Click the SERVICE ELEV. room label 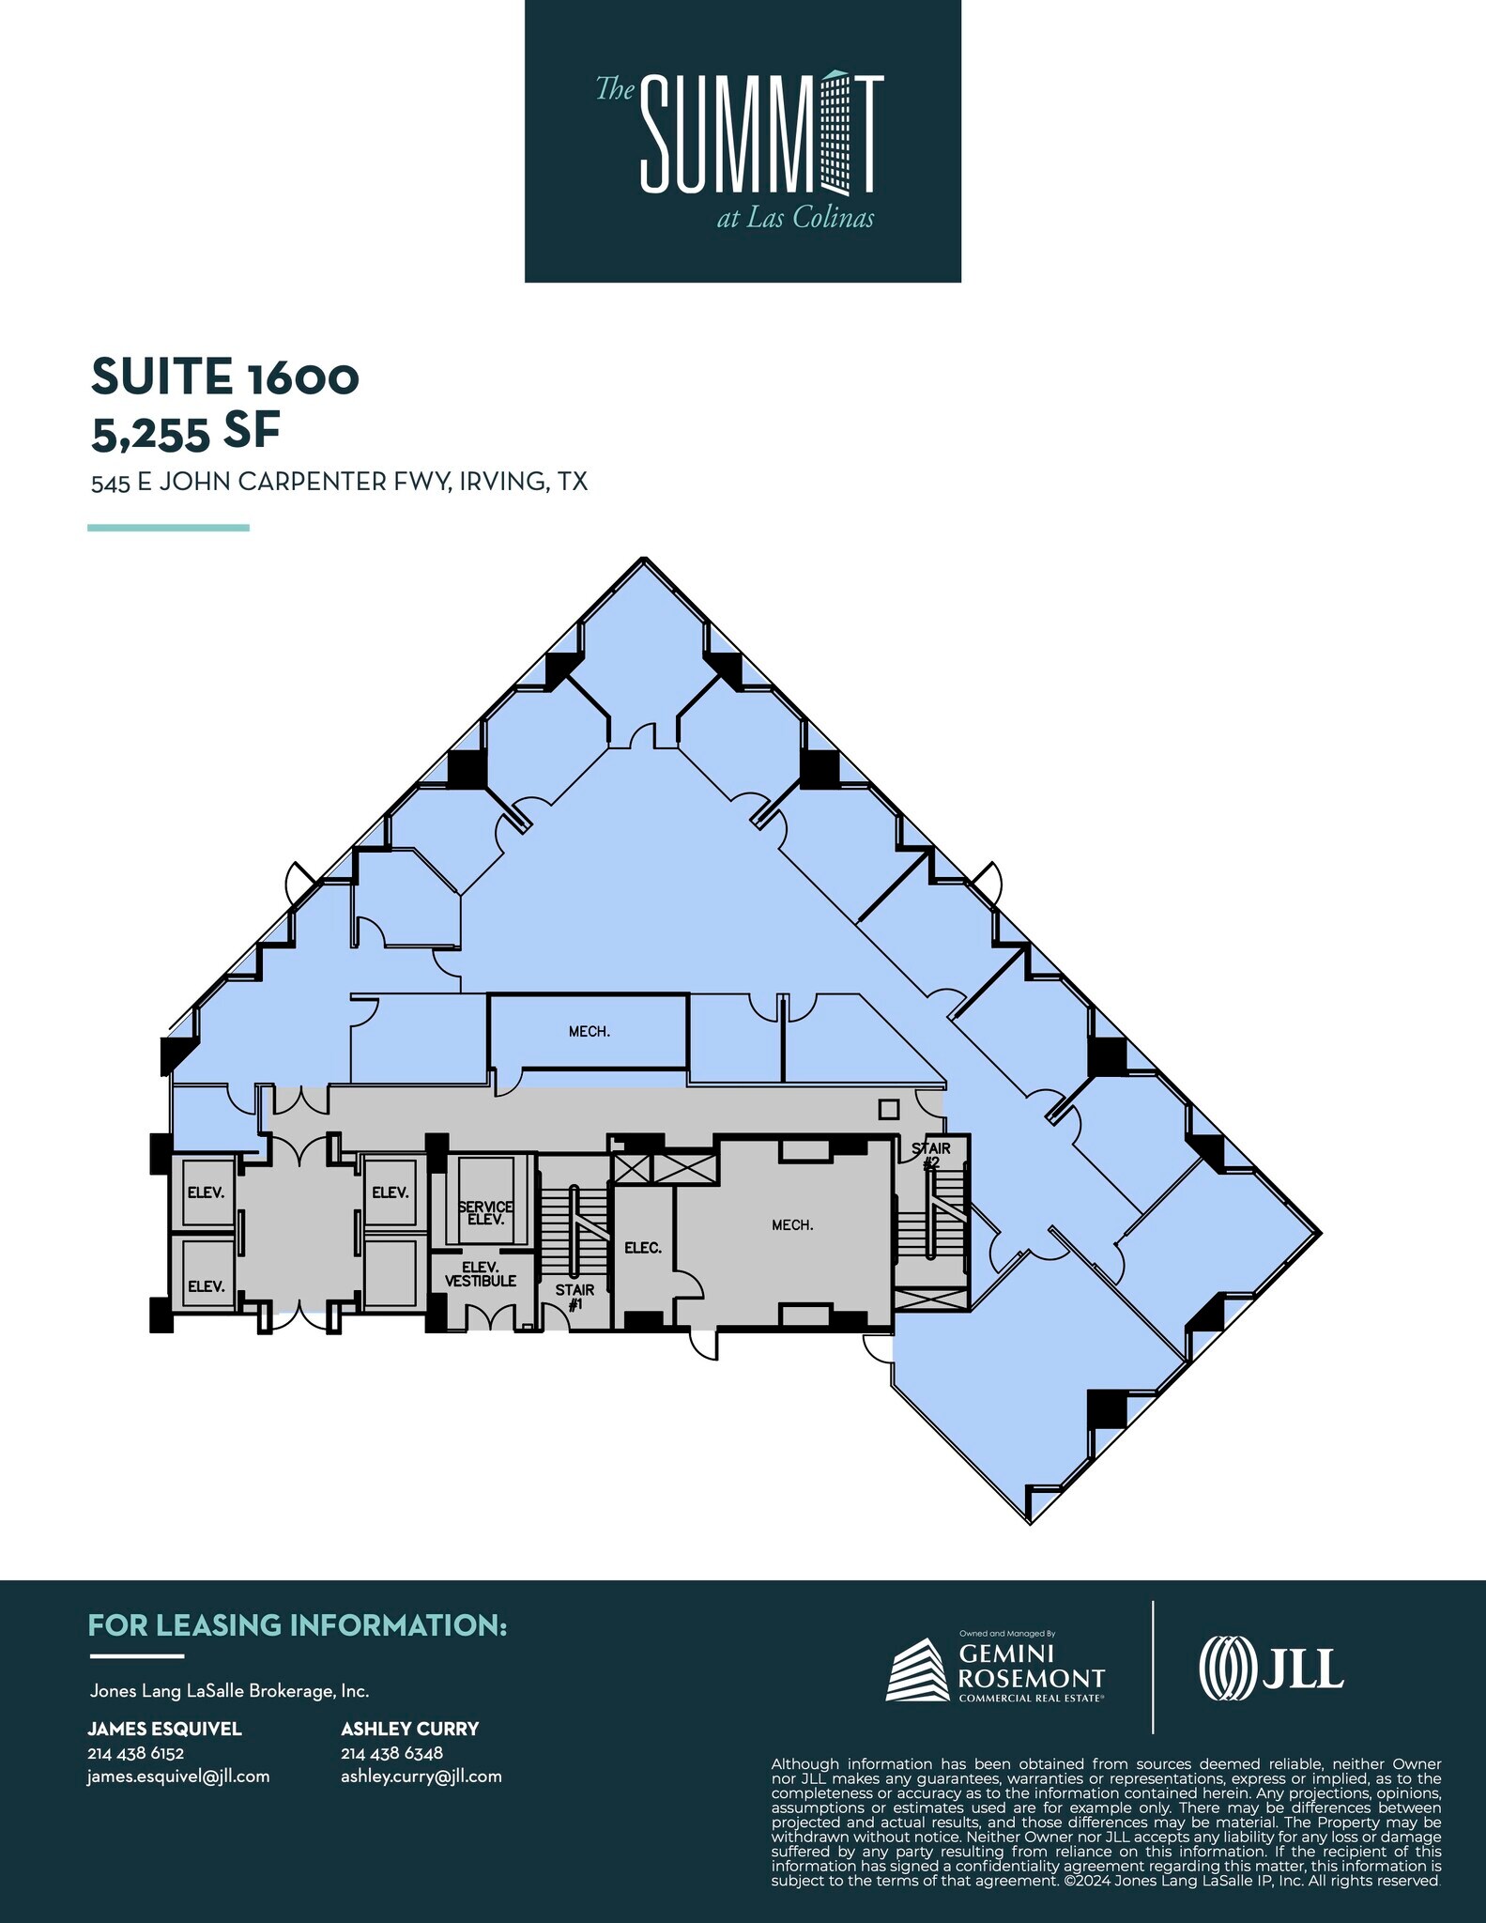click(x=485, y=1212)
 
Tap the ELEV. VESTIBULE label click(x=481, y=1274)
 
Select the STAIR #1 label click(x=574, y=1297)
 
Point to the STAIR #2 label click(x=931, y=1155)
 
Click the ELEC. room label click(x=643, y=1248)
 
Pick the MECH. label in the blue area click(x=590, y=1032)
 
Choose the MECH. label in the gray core click(x=792, y=1225)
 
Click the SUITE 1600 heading click(x=225, y=377)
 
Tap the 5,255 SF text click(x=186, y=431)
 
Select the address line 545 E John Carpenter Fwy click(x=339, y=482)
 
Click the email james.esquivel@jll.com click(x=178, y=1777)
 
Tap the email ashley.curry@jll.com click(x=421, y=1777)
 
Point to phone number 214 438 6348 click(x=391, y=1753)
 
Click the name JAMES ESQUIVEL click(x=164, y=1729)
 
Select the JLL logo click(x=1271, y=1668)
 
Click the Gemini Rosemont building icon click(x=917, y=1669)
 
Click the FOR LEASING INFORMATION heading click(x=298, y=1625)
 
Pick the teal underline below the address click(x=169, y=528)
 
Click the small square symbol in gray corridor click(x=888, y=1110)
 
